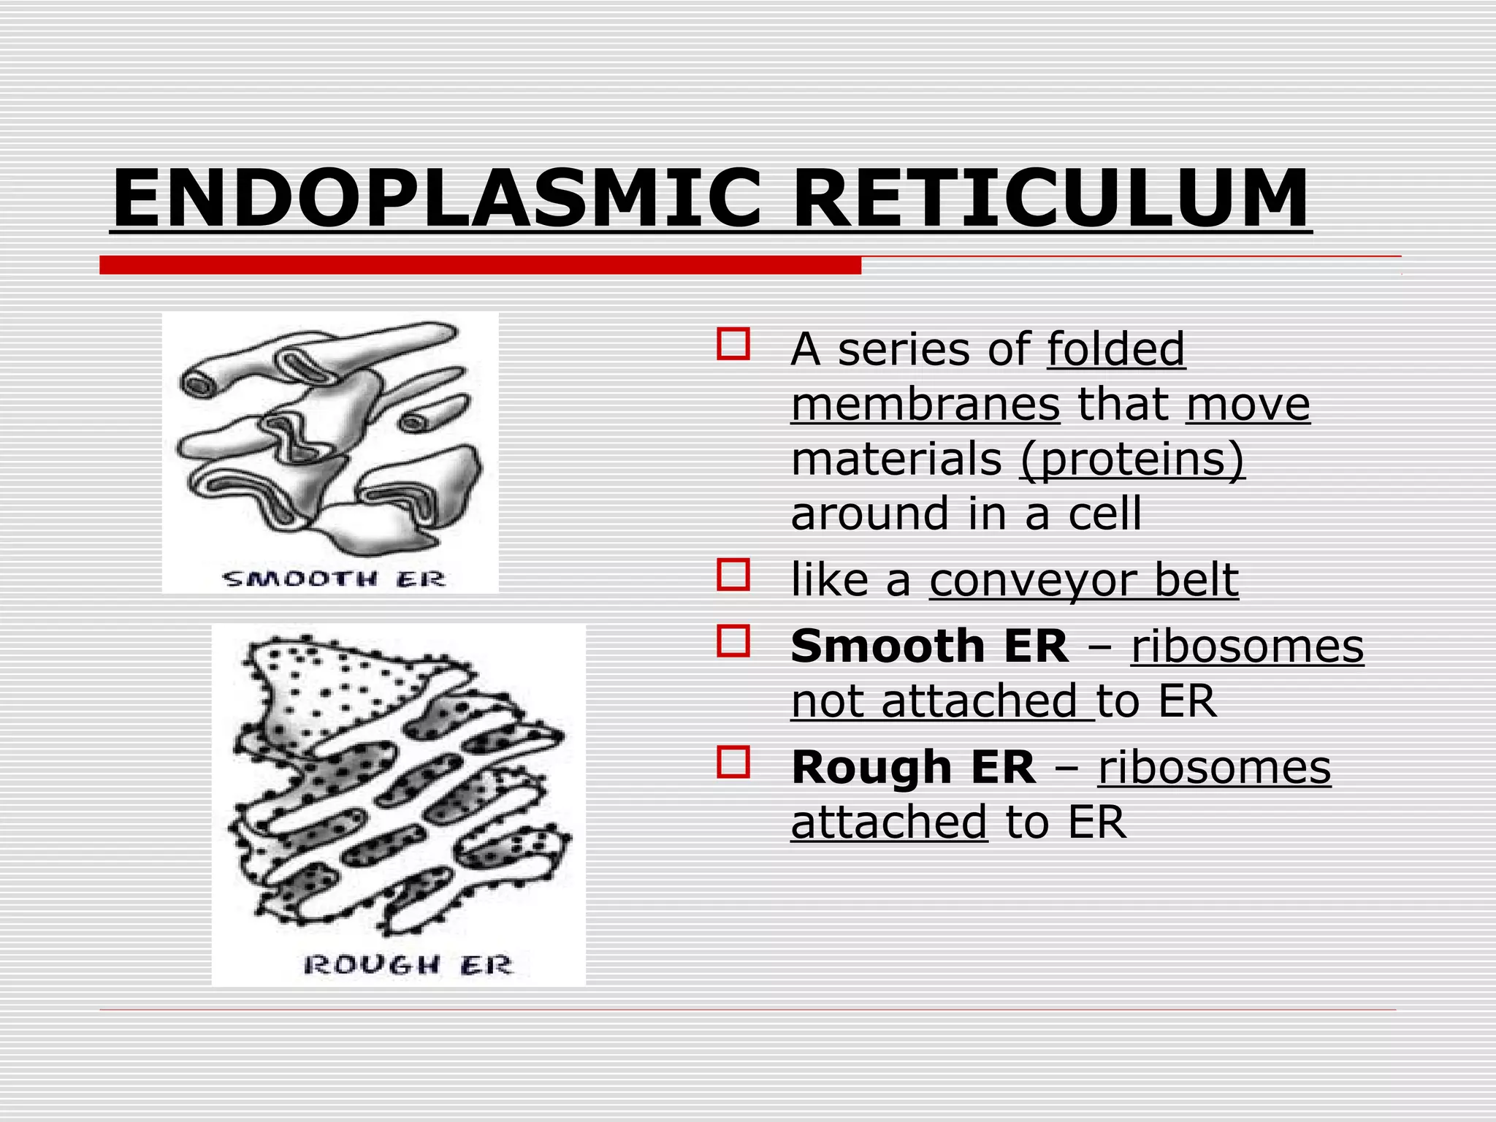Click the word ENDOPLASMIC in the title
click(436, 199)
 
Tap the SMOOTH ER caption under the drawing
click(333, 579)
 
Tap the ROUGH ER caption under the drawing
click(408, 965)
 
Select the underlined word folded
click(1115, 348)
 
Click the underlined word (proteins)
click(1131, 459)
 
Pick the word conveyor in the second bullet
click(1032, 580)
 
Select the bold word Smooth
click(888, 646)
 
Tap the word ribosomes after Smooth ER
click(1247, 646)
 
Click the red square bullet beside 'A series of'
click(733, 344)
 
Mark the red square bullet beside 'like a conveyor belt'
click(733, 575)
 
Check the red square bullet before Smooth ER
click(733, 641)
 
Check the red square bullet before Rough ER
click(733, 762)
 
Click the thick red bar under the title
click(480, 265)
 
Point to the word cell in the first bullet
click(1104, 514)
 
